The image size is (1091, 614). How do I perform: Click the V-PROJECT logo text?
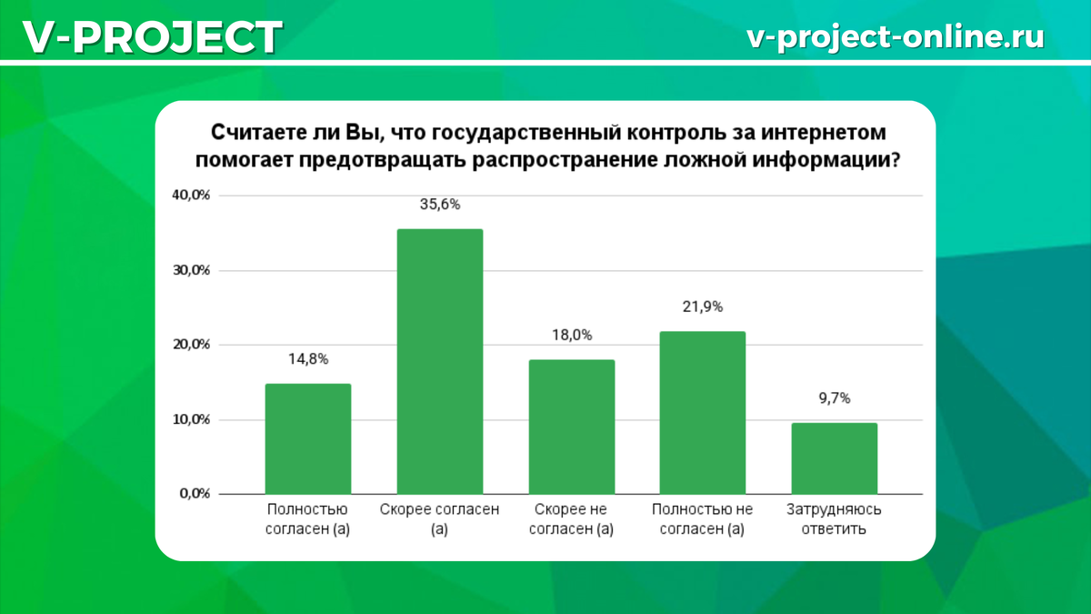tap(151, 37)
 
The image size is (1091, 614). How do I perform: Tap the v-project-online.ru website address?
tap(895, 36)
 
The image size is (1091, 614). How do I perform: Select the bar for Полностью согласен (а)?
tap(307, 438)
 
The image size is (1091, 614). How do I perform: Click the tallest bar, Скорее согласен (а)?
tap(439, 361)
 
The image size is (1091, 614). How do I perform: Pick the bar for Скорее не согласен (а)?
tap(572, 427)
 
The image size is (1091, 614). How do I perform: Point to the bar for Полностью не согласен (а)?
tap(703, 412)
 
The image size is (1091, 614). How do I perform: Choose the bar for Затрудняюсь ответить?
tap(835, 458)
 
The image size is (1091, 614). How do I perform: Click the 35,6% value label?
tap(439, 205)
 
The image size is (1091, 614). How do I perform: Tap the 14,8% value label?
tap(307, 360)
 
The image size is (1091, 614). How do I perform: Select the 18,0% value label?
tap(572, 336)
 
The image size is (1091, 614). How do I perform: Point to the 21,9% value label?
tap(703, 307)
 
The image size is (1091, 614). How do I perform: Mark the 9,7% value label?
tap(835, 398)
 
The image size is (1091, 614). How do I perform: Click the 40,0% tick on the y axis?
tap(192, 196)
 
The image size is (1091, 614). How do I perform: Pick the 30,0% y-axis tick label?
tap(192, 270)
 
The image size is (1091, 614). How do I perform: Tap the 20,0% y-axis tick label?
tap(192, 345)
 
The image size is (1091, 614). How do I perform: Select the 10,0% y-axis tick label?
tap(192, 419)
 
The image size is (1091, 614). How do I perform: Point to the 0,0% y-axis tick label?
tap(195, 494)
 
